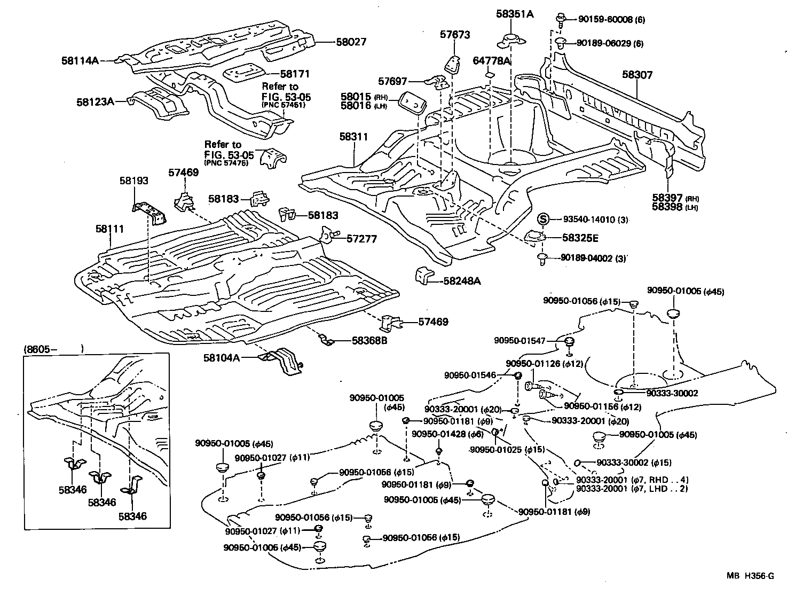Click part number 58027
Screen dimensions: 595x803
pos(351,42)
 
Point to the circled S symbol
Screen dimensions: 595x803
pos(542,218)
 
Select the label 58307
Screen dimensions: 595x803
pos(637,75)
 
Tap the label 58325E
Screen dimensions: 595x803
pos(579,237)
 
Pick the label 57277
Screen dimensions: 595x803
pos(362,239)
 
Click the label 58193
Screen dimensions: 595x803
pos(133,182)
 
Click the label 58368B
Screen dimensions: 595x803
pos(369,340)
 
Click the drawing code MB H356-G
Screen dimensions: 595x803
pos(750,575)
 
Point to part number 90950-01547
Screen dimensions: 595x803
pos(520,340)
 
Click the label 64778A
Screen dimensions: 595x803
pos(492,61)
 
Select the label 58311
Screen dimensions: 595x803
pos(353,137)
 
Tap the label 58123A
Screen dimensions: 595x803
pos(95,101)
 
